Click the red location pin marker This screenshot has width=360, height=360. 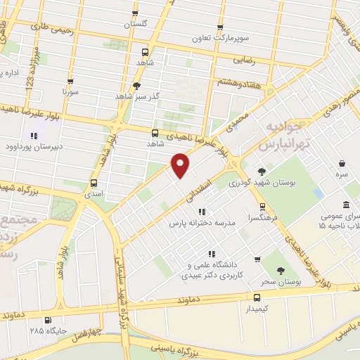point(181,165)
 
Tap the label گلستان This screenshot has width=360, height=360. point(137,24)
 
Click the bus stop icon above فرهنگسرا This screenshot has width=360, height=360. point(263,207)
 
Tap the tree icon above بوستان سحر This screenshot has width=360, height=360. point(281,271)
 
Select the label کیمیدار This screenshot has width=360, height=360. point(257,309)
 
